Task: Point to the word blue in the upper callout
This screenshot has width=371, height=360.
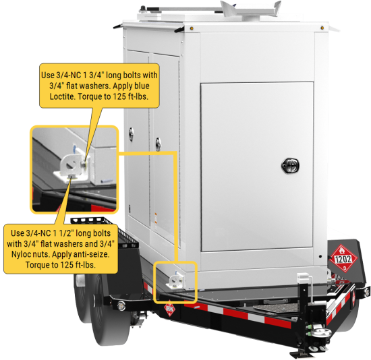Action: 142,86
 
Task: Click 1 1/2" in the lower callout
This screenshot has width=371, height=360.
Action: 63,233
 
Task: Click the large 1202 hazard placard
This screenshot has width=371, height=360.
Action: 343,258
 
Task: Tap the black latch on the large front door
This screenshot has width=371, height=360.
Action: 290,165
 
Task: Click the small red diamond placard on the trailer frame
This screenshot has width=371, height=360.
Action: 169,309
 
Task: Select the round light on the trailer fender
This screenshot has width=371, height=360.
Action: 121,305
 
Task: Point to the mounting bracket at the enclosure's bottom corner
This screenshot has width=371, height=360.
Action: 175,281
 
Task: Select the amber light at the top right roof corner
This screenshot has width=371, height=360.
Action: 322,28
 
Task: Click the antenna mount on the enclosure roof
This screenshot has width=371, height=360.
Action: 251,9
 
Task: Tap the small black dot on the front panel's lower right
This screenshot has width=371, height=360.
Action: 320,256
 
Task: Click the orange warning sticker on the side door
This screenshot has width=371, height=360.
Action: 156,219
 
